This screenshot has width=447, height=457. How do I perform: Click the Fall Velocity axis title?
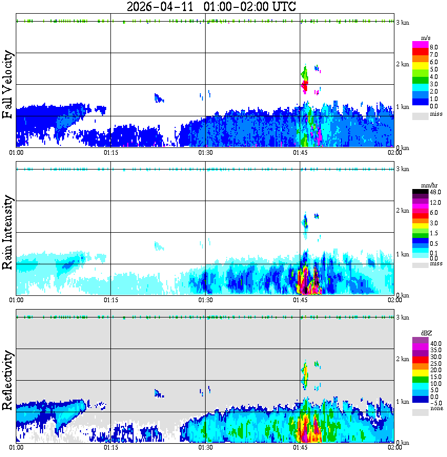point(7,85)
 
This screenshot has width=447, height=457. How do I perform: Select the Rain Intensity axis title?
point(7,232)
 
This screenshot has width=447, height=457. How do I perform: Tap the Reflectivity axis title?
point(7,381)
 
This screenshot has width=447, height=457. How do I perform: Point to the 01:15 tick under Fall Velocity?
point(110,153)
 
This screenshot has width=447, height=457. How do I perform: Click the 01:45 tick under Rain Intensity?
point(300,300)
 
